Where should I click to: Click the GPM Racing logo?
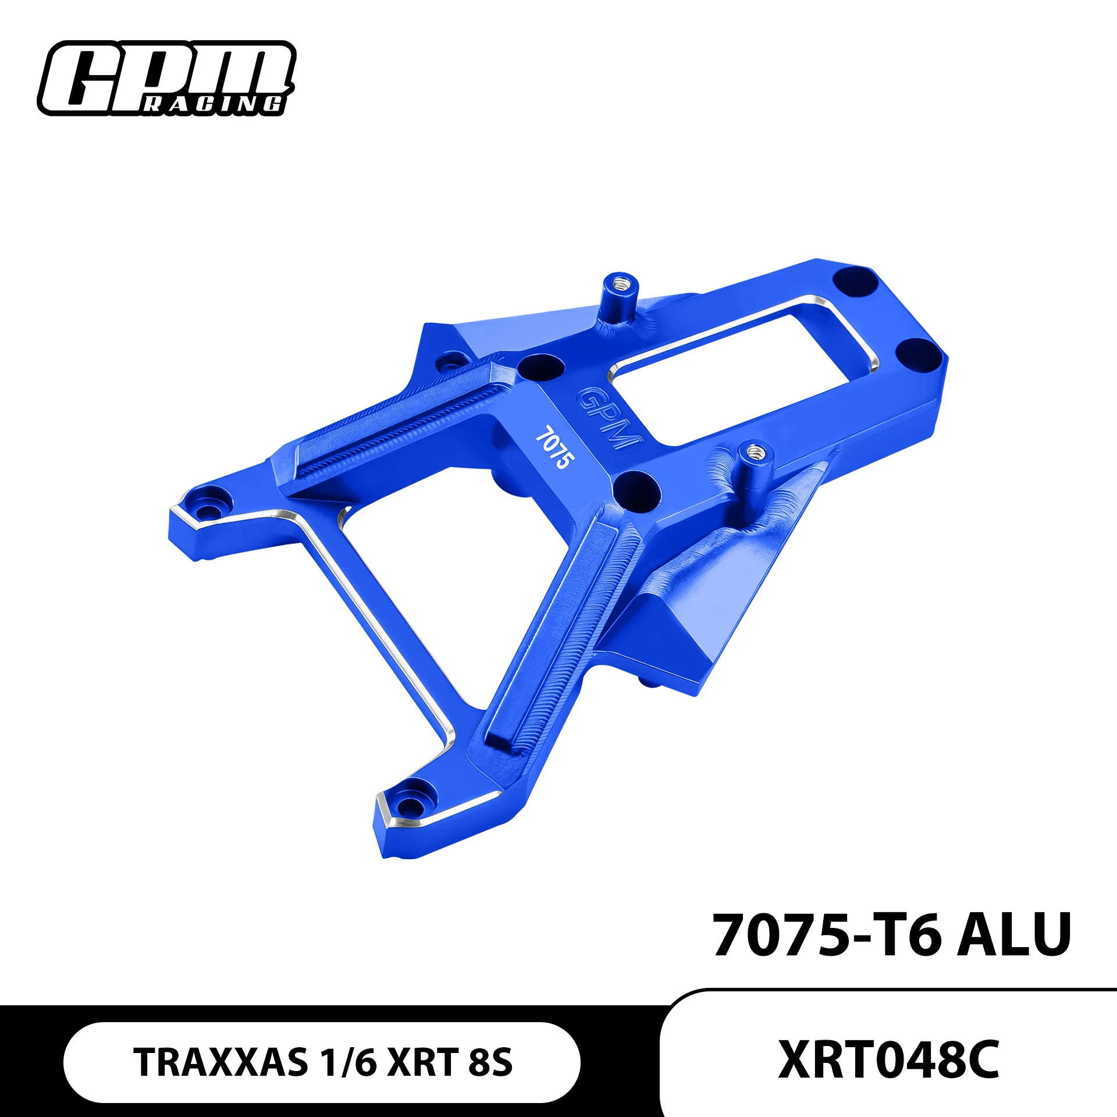(166, 79)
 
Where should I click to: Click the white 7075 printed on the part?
(554, 447)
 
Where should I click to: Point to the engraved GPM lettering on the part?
(608, 418)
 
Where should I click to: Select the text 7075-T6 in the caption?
(827, 935)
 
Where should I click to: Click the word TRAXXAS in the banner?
(221, 1062)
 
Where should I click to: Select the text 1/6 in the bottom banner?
(348, 1062)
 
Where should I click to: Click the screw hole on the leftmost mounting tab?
(207, 511)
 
